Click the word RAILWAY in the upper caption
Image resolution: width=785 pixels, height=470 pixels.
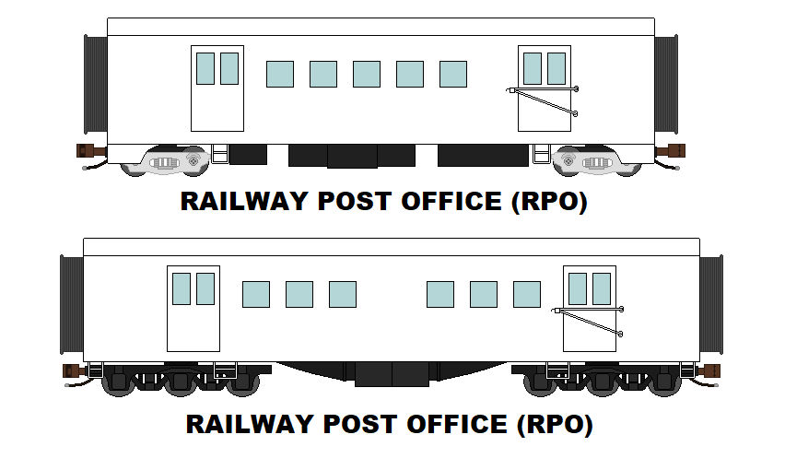244,201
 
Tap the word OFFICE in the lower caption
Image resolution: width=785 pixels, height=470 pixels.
457,425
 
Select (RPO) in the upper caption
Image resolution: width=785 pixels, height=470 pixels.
549,202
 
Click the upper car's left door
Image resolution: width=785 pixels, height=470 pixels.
217,88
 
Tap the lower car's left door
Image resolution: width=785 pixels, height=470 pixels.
193,309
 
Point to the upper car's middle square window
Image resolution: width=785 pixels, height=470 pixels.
367,74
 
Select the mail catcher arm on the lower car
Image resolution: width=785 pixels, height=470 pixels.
588,321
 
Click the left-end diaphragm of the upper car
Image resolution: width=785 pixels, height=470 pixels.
96,84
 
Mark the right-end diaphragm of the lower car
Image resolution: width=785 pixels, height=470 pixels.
711,304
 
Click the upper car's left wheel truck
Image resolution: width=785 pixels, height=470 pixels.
166,160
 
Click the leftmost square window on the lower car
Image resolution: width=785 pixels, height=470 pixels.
256,294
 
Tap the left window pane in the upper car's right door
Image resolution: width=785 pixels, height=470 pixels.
533,68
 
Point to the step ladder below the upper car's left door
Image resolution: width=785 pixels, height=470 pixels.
220,154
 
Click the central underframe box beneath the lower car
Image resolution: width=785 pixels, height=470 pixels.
392,374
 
